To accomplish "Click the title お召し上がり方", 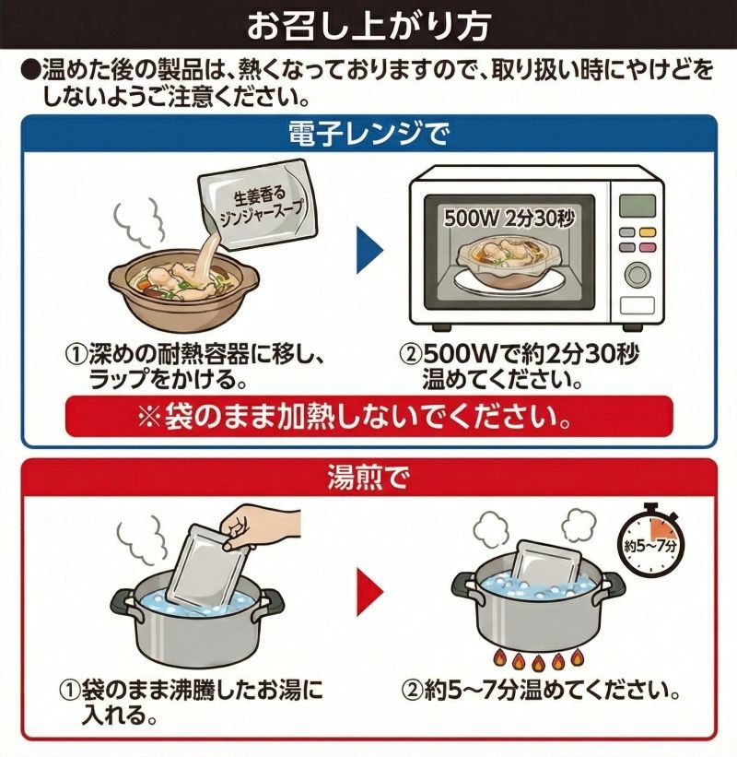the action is (x=368, y=25).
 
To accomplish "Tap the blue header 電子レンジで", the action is (x=368, y=135).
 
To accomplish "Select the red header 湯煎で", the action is (x=368, y=478).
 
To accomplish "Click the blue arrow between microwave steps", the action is (x=370, y=251).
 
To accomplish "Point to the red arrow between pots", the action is (x=370, y=592).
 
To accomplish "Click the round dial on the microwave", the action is (x=638, y=274).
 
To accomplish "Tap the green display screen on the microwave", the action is (x=638, y=206).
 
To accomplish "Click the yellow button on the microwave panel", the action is (x=648, y=232).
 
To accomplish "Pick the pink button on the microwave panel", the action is (x=648, y=248).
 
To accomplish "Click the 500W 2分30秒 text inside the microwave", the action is (x=509, y=219).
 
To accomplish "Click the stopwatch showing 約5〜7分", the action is (x=650, y=540).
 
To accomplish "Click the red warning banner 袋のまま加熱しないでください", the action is (x=368, y=416).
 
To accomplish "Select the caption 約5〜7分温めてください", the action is (x=541, y=692).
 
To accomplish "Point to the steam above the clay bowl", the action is (x=141, y=223).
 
